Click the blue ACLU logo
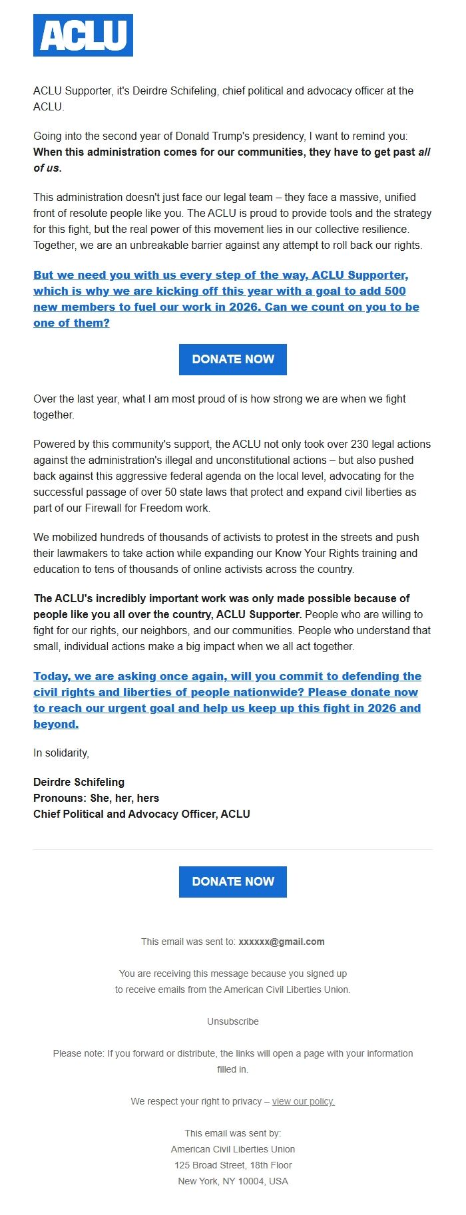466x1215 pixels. click(x=83, y=35)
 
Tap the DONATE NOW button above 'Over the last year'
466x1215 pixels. click(x=233, y=359)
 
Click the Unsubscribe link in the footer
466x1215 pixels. click(x=233, y=1021)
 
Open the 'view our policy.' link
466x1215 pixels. click(x=304, y=1101)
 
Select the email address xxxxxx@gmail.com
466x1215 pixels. click(x=282, y=942)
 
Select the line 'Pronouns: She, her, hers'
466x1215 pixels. click(x=97, y=798)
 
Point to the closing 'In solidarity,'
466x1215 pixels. click(x=61, y=753)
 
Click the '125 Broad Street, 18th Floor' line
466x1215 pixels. click(x=233, y=1165)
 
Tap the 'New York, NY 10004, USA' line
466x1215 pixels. click(x=233, y=1181)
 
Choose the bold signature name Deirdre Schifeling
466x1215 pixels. click(x=79, y=782)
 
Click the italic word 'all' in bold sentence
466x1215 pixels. click(x=424, y=152)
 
